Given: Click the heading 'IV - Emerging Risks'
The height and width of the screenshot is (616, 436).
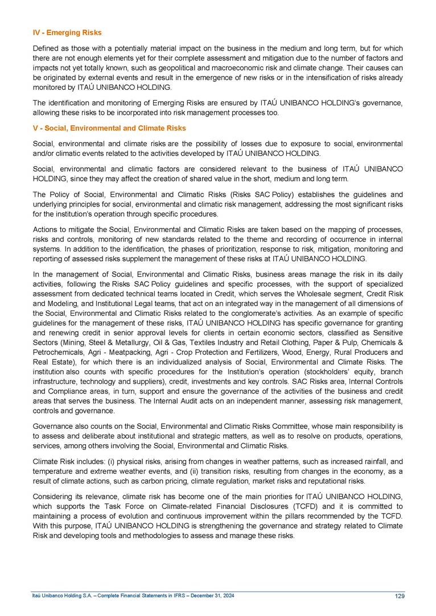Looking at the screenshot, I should coord(67,32).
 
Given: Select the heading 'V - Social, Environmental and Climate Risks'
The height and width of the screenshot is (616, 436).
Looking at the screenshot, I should coord(109,128).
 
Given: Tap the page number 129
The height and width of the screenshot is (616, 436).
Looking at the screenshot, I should coord(398,596).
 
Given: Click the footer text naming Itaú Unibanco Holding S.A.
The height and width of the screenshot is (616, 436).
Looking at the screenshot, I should coord(133,596).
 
